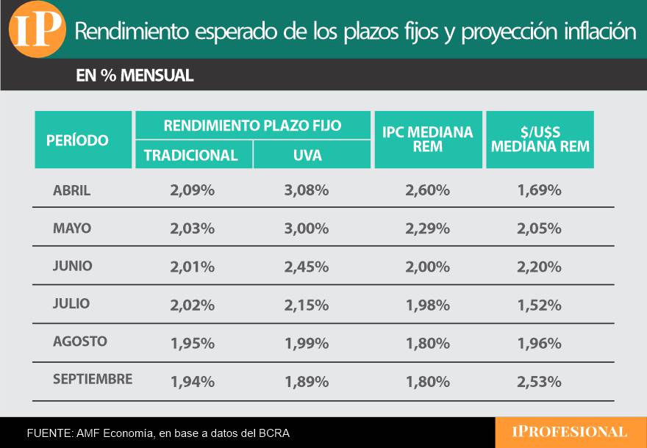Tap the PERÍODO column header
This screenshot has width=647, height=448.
point(77,140)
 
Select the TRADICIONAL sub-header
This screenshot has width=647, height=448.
point(191,156)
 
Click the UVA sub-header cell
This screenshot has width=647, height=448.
point(307,156)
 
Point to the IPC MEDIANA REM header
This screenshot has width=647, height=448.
point(428,140)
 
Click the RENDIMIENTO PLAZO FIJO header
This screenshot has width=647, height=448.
point(252,126)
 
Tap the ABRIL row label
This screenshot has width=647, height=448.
point(72,191)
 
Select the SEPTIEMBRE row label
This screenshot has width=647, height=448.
point(93,380)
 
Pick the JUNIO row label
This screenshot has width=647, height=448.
point(73,267)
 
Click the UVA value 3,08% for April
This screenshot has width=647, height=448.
point(306,191)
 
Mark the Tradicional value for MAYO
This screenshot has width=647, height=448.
point(192,228)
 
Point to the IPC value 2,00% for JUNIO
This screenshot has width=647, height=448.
point(427,267)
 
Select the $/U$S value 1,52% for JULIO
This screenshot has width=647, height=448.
point(539,304)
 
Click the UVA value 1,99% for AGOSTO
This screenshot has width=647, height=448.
point(306,342)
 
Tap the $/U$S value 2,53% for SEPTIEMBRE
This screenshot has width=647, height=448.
point(539,381)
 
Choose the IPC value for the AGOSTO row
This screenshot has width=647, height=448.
point(427,342)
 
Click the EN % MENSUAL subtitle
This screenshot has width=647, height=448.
point(135,76)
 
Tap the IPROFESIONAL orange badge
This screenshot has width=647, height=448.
point(571,433)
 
